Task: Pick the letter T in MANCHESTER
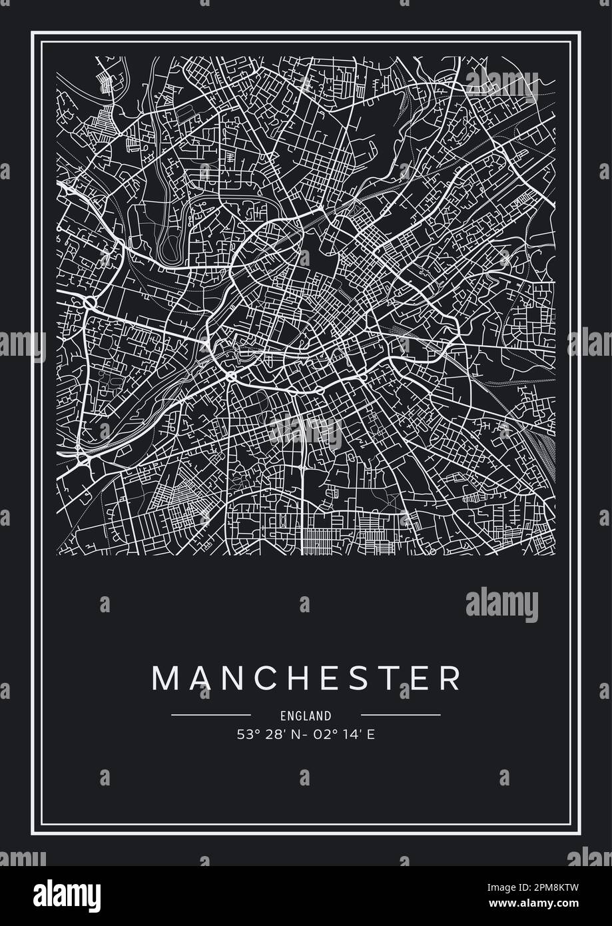(x=382, y=678)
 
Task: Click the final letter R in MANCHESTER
(x=447, y=678)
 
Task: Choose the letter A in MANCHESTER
(x=197, y=678)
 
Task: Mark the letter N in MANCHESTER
(x=227, y=678)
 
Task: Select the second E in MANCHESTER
(x=414, y=678)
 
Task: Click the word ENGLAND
(x=306, y=716)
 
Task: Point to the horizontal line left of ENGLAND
(x=210, y=715)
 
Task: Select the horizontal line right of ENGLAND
(x=400, y=715)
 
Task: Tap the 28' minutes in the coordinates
(x=272, y=735)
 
